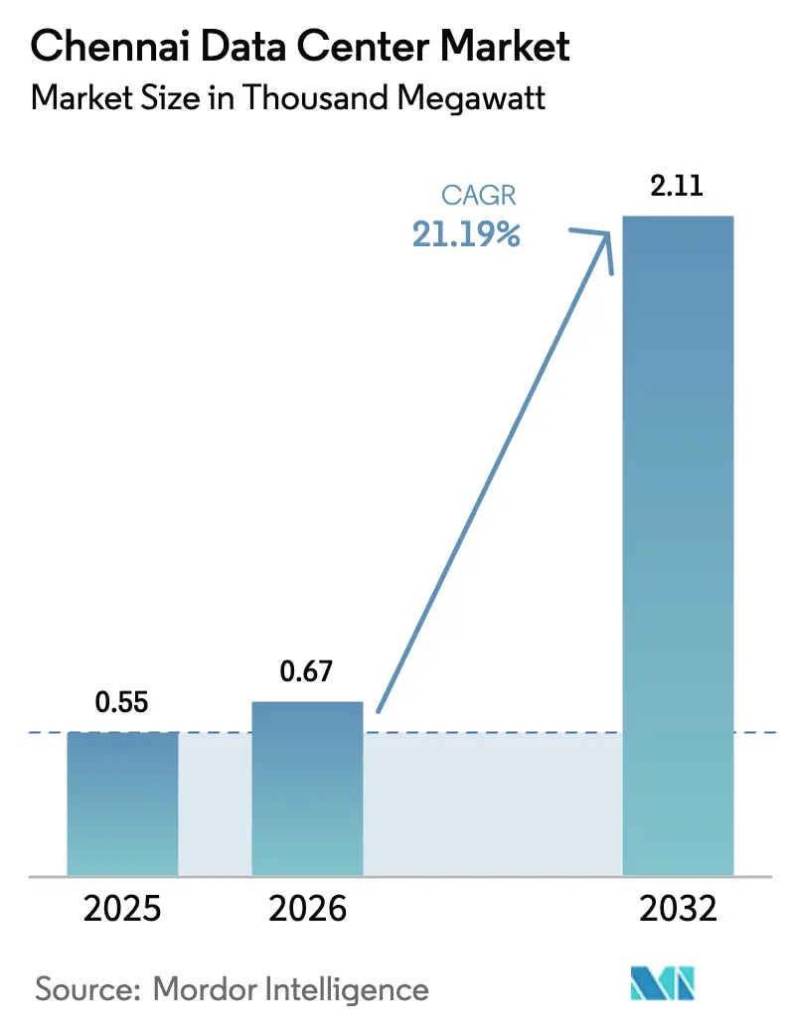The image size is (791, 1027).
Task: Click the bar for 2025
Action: click(122, 804)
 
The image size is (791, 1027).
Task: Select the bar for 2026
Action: click(307, 789)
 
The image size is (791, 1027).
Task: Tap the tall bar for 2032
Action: click(677, 545)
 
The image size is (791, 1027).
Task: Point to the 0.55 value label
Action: click(121, 703)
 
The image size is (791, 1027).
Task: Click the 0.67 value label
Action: click(306, 672)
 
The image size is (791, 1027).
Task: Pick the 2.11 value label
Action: click(677, 186)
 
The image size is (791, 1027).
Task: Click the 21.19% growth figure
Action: click(466, 235)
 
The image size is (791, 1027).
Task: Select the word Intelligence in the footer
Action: click(340, 989)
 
